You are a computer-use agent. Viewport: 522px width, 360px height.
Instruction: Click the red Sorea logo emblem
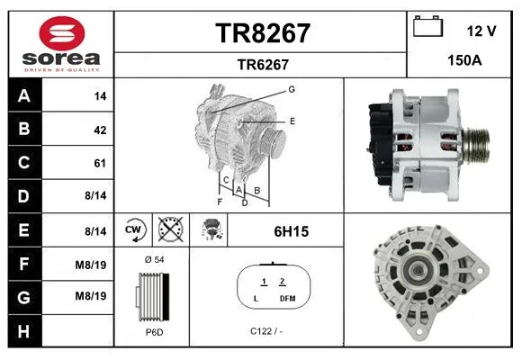62,33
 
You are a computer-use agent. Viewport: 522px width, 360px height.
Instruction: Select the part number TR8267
263,33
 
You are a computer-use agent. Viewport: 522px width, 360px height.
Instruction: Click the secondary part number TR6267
263,65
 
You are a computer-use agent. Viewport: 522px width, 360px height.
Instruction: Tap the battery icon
427,26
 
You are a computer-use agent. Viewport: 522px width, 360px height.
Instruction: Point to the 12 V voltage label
481,31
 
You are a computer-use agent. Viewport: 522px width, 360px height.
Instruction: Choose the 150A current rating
464,60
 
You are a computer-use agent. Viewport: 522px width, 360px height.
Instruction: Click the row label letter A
24,96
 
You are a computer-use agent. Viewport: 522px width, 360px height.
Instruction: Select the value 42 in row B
100,130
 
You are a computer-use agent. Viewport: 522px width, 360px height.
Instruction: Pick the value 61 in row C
100,163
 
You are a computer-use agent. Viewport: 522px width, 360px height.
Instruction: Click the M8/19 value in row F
91,265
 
